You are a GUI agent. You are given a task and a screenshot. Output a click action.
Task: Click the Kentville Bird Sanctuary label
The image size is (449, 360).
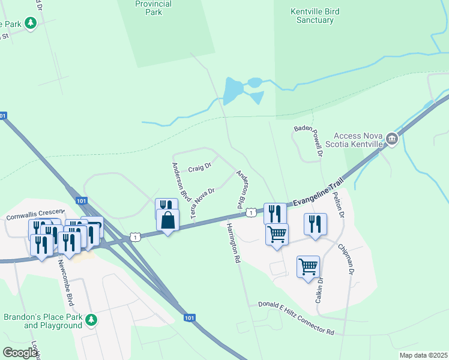tap(312, 16)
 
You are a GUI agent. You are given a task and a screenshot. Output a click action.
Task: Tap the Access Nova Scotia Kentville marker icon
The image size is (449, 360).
tap(392, 140)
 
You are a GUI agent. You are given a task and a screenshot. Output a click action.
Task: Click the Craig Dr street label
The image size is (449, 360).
tap(199, 168)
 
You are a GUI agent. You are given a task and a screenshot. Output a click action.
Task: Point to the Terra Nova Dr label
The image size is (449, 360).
tap(202, 204)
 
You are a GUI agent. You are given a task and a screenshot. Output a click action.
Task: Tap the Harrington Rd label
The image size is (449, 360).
tap(233, 244)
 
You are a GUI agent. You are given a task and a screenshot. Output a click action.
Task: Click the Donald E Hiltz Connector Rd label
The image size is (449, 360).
tap(296, 318)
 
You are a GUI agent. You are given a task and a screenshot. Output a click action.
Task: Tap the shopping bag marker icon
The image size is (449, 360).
tap(168, 220)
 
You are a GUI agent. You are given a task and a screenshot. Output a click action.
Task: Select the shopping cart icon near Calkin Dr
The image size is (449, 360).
tap(308, 266)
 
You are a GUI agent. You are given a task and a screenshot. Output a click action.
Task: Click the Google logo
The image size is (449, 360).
tap(20, 353)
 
